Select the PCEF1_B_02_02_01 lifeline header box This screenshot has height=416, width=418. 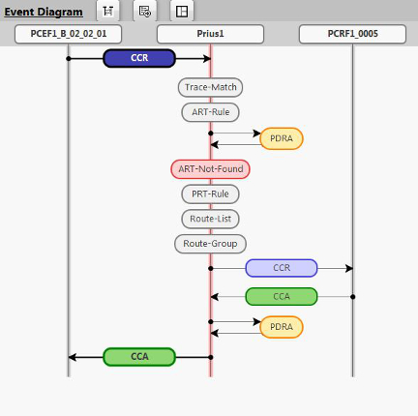coord(69,34)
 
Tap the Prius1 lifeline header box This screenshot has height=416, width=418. coord(210,34)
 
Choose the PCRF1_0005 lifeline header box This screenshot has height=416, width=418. coord(352,34)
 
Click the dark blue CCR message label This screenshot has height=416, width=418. coord(139,58)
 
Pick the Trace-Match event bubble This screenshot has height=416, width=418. coord(210,87)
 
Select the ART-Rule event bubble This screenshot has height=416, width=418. coord(210,112)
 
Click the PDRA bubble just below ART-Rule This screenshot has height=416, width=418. coord(282,138)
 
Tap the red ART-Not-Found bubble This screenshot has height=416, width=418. coord(210,168)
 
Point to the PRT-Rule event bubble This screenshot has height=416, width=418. coord(210,193)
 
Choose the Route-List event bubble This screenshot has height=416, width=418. coord(210,219)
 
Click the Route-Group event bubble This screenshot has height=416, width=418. coord(210,243)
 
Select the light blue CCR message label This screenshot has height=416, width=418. coord(282,268)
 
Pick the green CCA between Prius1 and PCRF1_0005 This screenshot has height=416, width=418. coord(282,296)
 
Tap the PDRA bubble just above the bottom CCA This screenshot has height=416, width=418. coord(282,327)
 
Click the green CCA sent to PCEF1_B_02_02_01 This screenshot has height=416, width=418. coord(139,356)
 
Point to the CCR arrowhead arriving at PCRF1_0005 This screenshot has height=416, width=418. coord(347,268)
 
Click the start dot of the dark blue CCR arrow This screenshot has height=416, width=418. coord(69,58)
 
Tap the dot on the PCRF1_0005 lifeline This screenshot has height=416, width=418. coord(352,296)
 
